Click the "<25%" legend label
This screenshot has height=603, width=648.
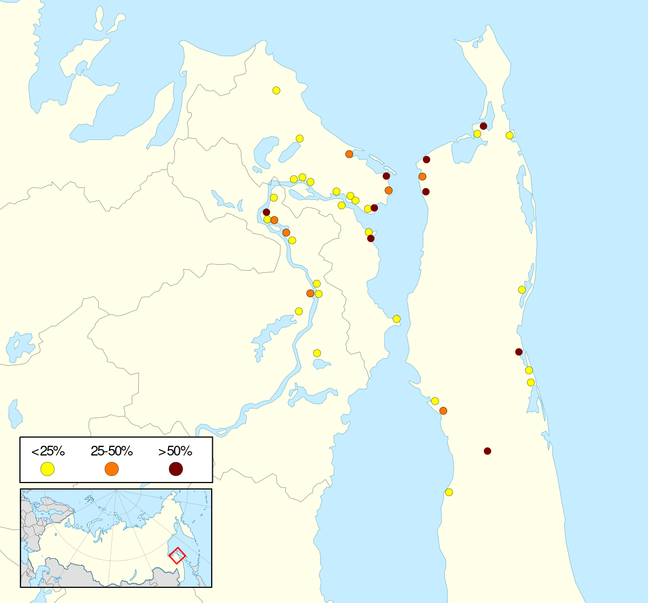pyautogui.click(x=48, y=451)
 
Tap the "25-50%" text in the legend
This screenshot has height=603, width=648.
pyautogui.click(x=111, y=451)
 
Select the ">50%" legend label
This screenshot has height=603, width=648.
pyautogui.click(x=175, y=451)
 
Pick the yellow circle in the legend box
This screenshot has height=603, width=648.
pyautogui.click(x=48, y=469)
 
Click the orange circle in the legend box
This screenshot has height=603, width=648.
pyautogui.click(x=112, y=469)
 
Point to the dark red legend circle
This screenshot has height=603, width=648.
pyautogui.click(x=175, y=469)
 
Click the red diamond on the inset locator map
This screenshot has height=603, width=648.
pyautogui.click(x=178, y=555)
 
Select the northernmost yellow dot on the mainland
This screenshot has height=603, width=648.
pyautogui.click(x=276, y=90)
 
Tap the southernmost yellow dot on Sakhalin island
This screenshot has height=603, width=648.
pyautogui.click(x=449, y=492)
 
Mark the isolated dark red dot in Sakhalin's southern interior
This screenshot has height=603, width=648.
pyautogui.click(x=488, y=451)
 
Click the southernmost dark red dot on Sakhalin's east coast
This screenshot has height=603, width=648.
pyautogui.click(x=519, y=352)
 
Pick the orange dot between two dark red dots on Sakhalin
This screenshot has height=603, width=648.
pyautogui.click(x=422, y=176)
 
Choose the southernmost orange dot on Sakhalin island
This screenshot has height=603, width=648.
pyautogui.click(x=443, y=411)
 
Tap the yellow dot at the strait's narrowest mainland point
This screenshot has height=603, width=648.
pyautogui.click(x=396, y=319)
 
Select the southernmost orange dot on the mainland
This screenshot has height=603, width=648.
pyautogui.click(x=310, y=293)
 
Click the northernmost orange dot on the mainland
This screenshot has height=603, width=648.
pyautogui.click(x=349, y=154)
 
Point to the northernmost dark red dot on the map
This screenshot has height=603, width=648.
pyautogui.click(x=483, y=126)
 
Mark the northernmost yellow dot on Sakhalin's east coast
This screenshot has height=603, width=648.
pyautogui.click(x=509, y=135)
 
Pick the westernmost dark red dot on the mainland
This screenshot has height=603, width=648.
pyautogui.click(x=266, y=212)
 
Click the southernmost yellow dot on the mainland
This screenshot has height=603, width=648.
pyautogui.click(x=317, y=353)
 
